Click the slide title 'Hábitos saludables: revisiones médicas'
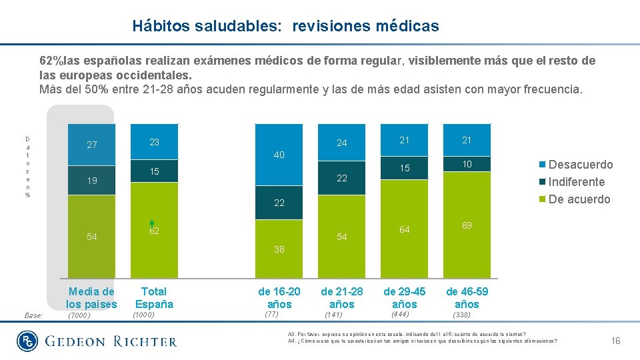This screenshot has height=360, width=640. [285, 26]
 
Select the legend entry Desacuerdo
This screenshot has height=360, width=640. [580, 165]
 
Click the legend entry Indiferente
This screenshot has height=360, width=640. [576, 182]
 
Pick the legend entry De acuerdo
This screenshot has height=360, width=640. [579, 199]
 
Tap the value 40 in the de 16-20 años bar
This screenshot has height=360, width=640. [279, 155]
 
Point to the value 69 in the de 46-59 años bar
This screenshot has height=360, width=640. [467, 225]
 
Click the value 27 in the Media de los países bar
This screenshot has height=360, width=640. [92, 145]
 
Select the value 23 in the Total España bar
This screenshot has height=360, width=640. [154, 142]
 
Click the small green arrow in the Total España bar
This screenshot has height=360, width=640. [151, 225]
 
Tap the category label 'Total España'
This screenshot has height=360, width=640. [154, 298]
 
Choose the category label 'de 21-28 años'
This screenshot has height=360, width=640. [341, 298]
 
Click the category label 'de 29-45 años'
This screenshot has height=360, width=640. [404, 298]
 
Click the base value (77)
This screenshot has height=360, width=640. [271, 313]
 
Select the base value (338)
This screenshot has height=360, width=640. [461, 315]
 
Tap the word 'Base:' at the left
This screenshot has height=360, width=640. [33, 315]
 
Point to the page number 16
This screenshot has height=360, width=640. [615, 341]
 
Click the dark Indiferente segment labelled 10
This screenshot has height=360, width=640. [467, 164]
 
